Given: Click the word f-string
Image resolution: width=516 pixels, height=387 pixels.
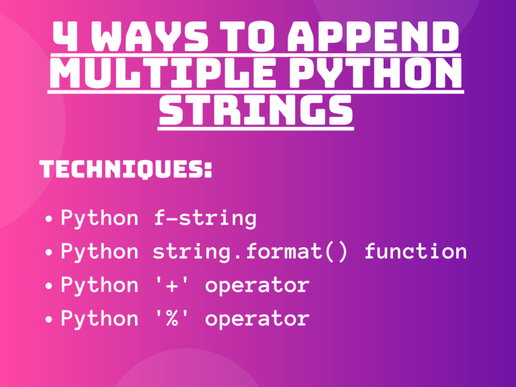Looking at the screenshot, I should click(x=204, y=218).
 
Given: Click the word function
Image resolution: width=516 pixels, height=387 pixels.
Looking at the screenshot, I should click(x=415, y=252).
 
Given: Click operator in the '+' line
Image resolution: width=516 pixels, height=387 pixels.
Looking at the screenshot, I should click(x=257, y=286).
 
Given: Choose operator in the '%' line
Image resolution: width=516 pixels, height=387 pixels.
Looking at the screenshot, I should click(x=257, y=320).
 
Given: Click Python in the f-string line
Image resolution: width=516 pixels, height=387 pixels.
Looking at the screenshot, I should click(x=99, y=219).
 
